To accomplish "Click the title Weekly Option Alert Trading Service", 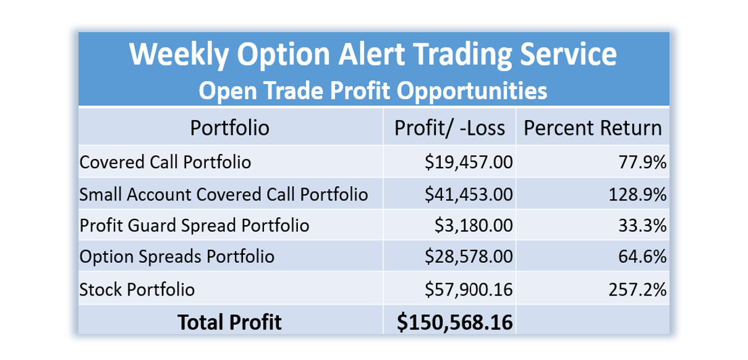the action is pyautogui.click(x=373, y=54).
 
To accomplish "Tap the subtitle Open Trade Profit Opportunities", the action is pyautogui.click(x=373, y=90).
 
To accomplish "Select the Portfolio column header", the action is pyautogui.click(x=230, y=128).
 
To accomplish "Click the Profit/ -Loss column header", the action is pyautogui.click(x=449, y=128).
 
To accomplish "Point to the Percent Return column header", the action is pyautogui.click(x=593, y=128).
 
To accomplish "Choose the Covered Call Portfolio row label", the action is pyautogui.click(x=165, y=163).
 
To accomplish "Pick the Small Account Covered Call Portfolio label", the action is pyautogui.click(x=224, y=195).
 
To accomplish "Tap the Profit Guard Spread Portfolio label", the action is pyautogui.click(x=194, y=226).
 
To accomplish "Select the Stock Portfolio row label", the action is pyautogui.click(x=137, y=289).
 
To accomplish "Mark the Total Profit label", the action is pyautogui.click(x=229, y=322).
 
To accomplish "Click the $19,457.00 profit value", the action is pyautogui.click(x=469, y=163).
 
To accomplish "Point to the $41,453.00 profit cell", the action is pyautogui.click(x=469, y=195).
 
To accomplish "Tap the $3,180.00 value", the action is pyautogui.click(x=474, y=226).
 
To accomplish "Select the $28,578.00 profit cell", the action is pyautogui.click(x=469, y=257).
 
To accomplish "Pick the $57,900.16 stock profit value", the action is pyautogui.click(x=469, y=289).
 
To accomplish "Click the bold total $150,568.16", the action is pyautogui.click(x=454, y=322).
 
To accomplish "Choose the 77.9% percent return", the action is pyautogui.click(x=642, y=163).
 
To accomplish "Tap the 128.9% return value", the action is pyautogui.click(x=637, y=195).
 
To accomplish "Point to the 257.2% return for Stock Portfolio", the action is pyautogui.click(x=637, y=289).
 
